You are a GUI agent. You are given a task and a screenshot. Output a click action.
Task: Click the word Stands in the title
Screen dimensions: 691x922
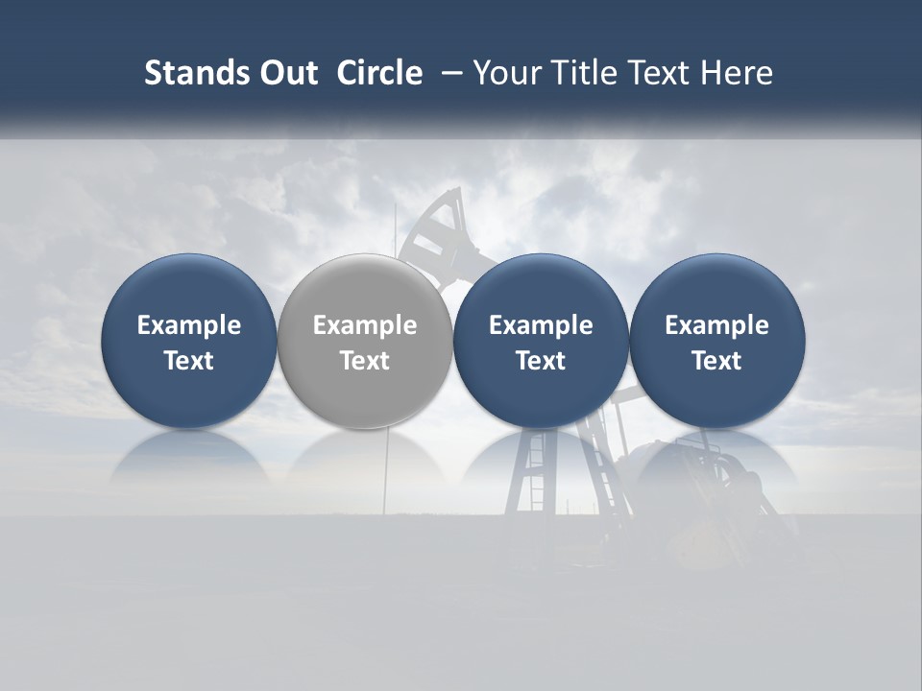coord(196,73)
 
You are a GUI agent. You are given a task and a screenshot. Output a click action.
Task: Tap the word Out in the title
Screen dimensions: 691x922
coord(286,73)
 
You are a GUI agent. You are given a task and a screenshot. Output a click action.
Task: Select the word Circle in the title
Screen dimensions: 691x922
coord(379,73)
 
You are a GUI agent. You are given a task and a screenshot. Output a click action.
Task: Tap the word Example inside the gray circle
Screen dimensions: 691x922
coord(365,325)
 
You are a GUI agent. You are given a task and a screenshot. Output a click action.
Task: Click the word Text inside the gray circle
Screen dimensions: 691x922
coord(365,361)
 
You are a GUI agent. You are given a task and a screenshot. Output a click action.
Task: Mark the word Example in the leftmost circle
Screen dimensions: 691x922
coord(188,325)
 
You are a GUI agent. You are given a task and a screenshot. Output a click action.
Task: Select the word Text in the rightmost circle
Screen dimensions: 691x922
coord(716,361)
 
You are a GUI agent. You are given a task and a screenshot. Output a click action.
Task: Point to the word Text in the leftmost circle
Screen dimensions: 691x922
coord(188,361)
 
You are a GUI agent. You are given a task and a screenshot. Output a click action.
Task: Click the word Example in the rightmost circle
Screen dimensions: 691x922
coord(716,325)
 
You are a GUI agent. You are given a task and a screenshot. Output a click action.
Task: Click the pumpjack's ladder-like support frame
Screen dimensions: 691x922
coord(534,480)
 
